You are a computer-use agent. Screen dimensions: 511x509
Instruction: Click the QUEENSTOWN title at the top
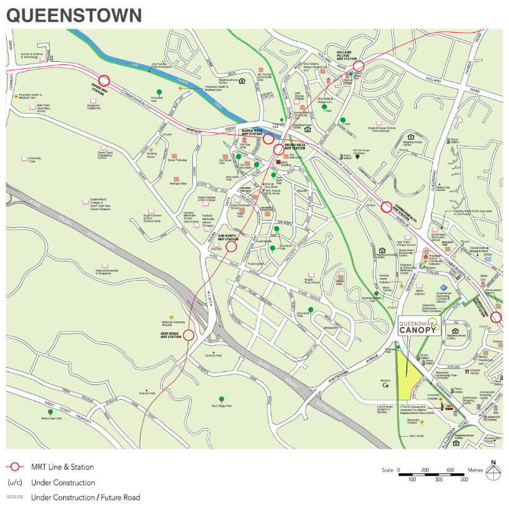click(x=74, y=15)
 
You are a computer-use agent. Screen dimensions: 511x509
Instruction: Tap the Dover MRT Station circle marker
click(x=103, y=80)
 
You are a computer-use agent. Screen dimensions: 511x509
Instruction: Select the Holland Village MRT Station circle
click(x=358, y=65)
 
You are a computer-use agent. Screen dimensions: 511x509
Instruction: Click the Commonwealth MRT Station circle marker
click(x=387, y=207)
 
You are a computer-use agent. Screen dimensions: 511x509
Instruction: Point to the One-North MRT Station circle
click(x=231, y=247)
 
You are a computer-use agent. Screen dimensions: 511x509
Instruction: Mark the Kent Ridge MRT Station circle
click(x=189, y=335)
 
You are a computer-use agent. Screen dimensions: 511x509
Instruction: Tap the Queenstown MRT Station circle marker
click(x=497, y=317)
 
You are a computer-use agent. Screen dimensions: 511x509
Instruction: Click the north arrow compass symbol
click(x=493, y=472)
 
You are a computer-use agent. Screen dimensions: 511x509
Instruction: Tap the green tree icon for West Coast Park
click(x=51, y=412)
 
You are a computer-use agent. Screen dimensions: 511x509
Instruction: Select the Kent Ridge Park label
click(x=221, y=406)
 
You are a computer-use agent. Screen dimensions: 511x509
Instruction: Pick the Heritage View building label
click(x=179, y=184)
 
